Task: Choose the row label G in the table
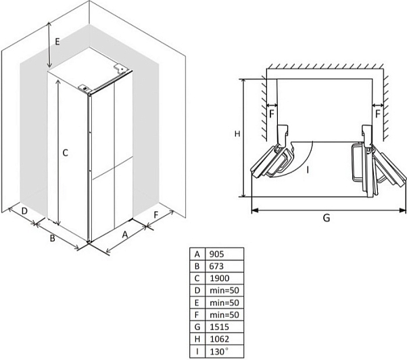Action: pyautogui.click(x=197, y=327)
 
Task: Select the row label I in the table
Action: pyautogui.click(x=197, y=351)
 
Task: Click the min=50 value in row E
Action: pyautogui.click(x=224, y=303)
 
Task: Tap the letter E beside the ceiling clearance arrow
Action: pyautogui.click(x=57, y=41)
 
